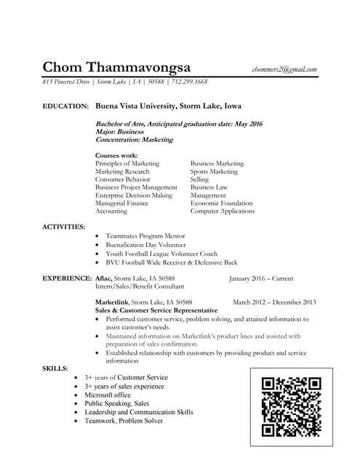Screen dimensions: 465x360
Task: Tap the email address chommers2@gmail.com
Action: pos(284,69)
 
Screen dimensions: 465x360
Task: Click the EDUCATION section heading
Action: pos(65,106)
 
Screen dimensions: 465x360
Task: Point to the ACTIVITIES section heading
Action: pos(64,227)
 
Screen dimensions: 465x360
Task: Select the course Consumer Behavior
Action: pos(123,179)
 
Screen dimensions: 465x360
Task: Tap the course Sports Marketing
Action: pos(214,171)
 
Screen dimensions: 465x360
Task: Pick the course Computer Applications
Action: pos(223,211)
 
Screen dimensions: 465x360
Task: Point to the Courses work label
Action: pos(116,155)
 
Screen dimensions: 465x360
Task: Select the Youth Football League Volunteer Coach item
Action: pos(161,254)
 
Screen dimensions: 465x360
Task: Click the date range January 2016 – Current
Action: pos(261,278)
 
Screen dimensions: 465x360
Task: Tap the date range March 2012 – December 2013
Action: pos(274,302)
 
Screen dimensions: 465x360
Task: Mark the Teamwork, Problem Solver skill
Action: pos(124,421)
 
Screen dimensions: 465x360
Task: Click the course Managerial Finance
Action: pos(121,203)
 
